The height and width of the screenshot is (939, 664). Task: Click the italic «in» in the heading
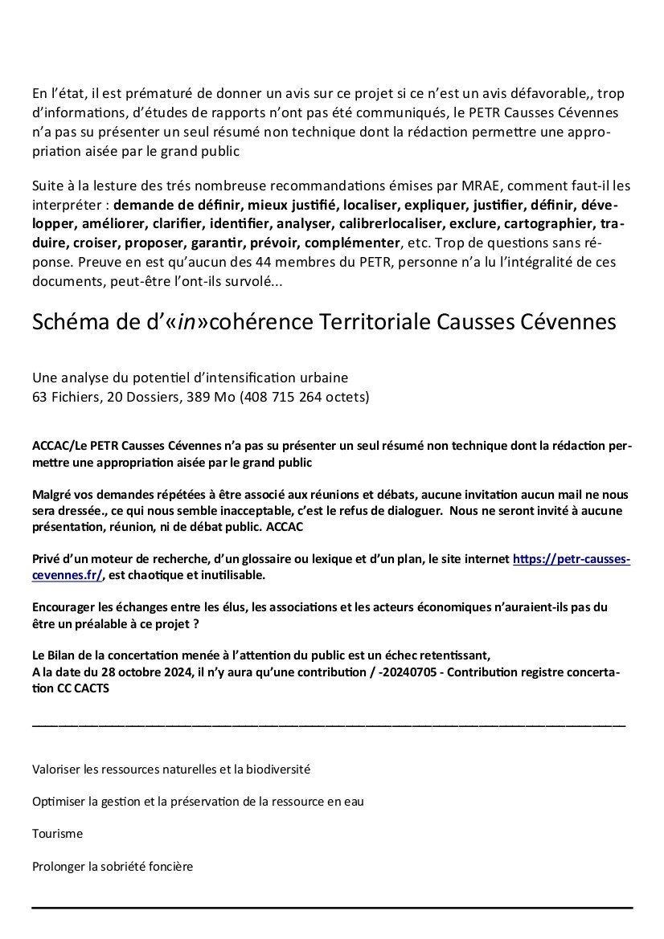click(x=186, y=321)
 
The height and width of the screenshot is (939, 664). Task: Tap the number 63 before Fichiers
click(x=39, y=396)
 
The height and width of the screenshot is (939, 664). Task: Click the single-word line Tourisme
click(x=57, y=834)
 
